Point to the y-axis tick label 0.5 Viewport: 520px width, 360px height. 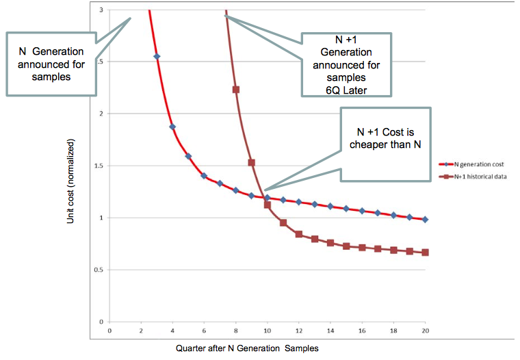[99, 270]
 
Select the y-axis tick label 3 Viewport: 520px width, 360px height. [101, 10]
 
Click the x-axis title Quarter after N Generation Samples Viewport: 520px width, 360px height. [247, 348]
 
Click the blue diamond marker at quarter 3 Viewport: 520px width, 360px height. [157, 57]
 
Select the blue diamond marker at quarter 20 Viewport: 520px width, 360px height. [425, 220]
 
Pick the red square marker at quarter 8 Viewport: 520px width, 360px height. [236, 90]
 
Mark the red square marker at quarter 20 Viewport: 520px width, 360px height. [425, 253]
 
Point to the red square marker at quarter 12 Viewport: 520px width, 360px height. [299, 234]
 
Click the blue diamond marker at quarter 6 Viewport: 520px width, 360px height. [204, 176]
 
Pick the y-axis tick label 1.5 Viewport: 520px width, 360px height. [99, 166]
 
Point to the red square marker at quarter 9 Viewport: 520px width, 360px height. [252, 162]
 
